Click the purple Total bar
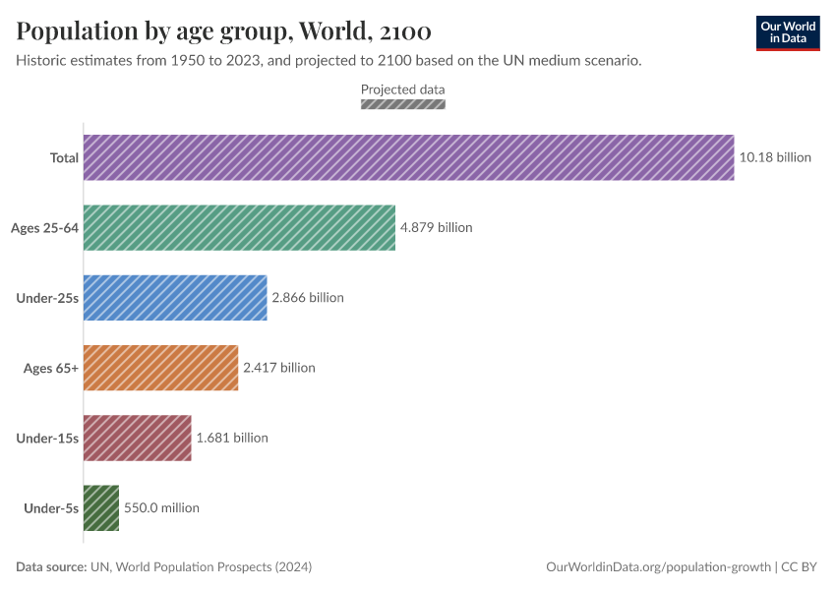coord(408,157)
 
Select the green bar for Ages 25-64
coord(239,227)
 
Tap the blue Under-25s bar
coord(175,297)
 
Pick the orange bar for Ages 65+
coord(160,368)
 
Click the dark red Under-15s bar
coord(137,438)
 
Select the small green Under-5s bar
coord(101,507)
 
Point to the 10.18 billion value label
coord(775,157)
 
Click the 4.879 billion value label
coord(436,227)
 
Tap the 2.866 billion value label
coord(308,297)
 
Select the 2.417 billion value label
coord(279,368)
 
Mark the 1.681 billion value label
coord(232,438)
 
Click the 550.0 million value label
coord(161,507)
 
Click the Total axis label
coord(64,157)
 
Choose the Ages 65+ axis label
coord(51,368)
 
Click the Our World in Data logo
coord(788,32)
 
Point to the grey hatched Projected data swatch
coord(403,103)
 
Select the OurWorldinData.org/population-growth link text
coord(658,567)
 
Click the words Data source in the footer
coord(50,567)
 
